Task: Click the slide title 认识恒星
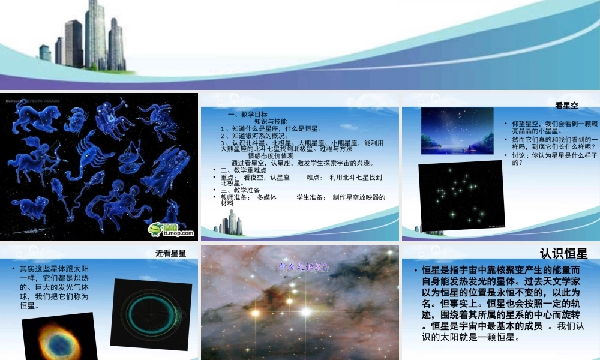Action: point(563,253)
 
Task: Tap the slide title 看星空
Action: point(566,106)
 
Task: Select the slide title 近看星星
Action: point(171,253)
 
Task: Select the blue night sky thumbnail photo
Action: point(457,131)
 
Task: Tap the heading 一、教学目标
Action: point(247,114)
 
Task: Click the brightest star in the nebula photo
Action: point(307,311)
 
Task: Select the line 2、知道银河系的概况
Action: point(263,135)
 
